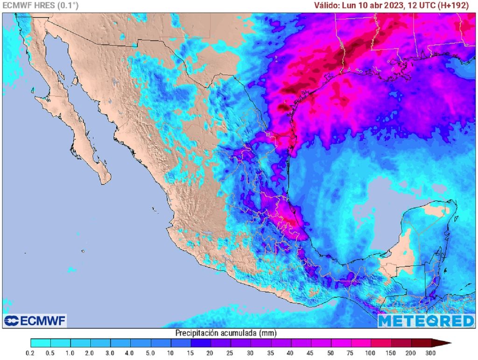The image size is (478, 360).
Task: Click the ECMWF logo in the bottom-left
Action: click(35, 321)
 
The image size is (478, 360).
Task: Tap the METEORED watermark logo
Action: click(426, 321)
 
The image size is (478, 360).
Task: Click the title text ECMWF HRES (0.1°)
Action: click(41, 6)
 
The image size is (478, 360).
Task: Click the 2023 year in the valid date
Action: click(394, 6)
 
